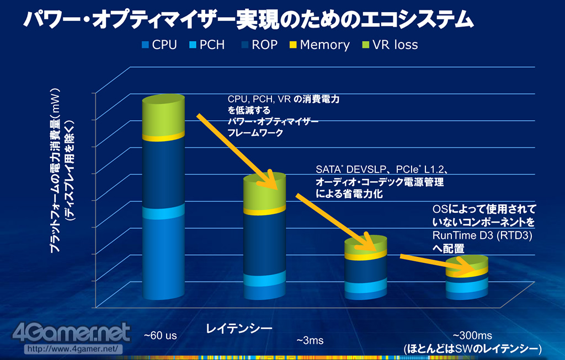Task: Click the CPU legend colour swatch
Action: pyautogui.click(x=145, y=45)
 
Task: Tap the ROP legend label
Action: pyautogui.click(x=264, y=45)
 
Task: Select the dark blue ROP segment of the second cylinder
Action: pyautogui.click(x=265, y=243)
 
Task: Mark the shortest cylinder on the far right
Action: pyautogui.click(x=467, y=278)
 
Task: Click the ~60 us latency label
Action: pyautogui.click(x=161, y=335)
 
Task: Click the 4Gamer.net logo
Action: pyautogui.click(x=77, y=333)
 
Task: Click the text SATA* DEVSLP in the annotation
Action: pyautogui.click(x=347, y=169)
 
